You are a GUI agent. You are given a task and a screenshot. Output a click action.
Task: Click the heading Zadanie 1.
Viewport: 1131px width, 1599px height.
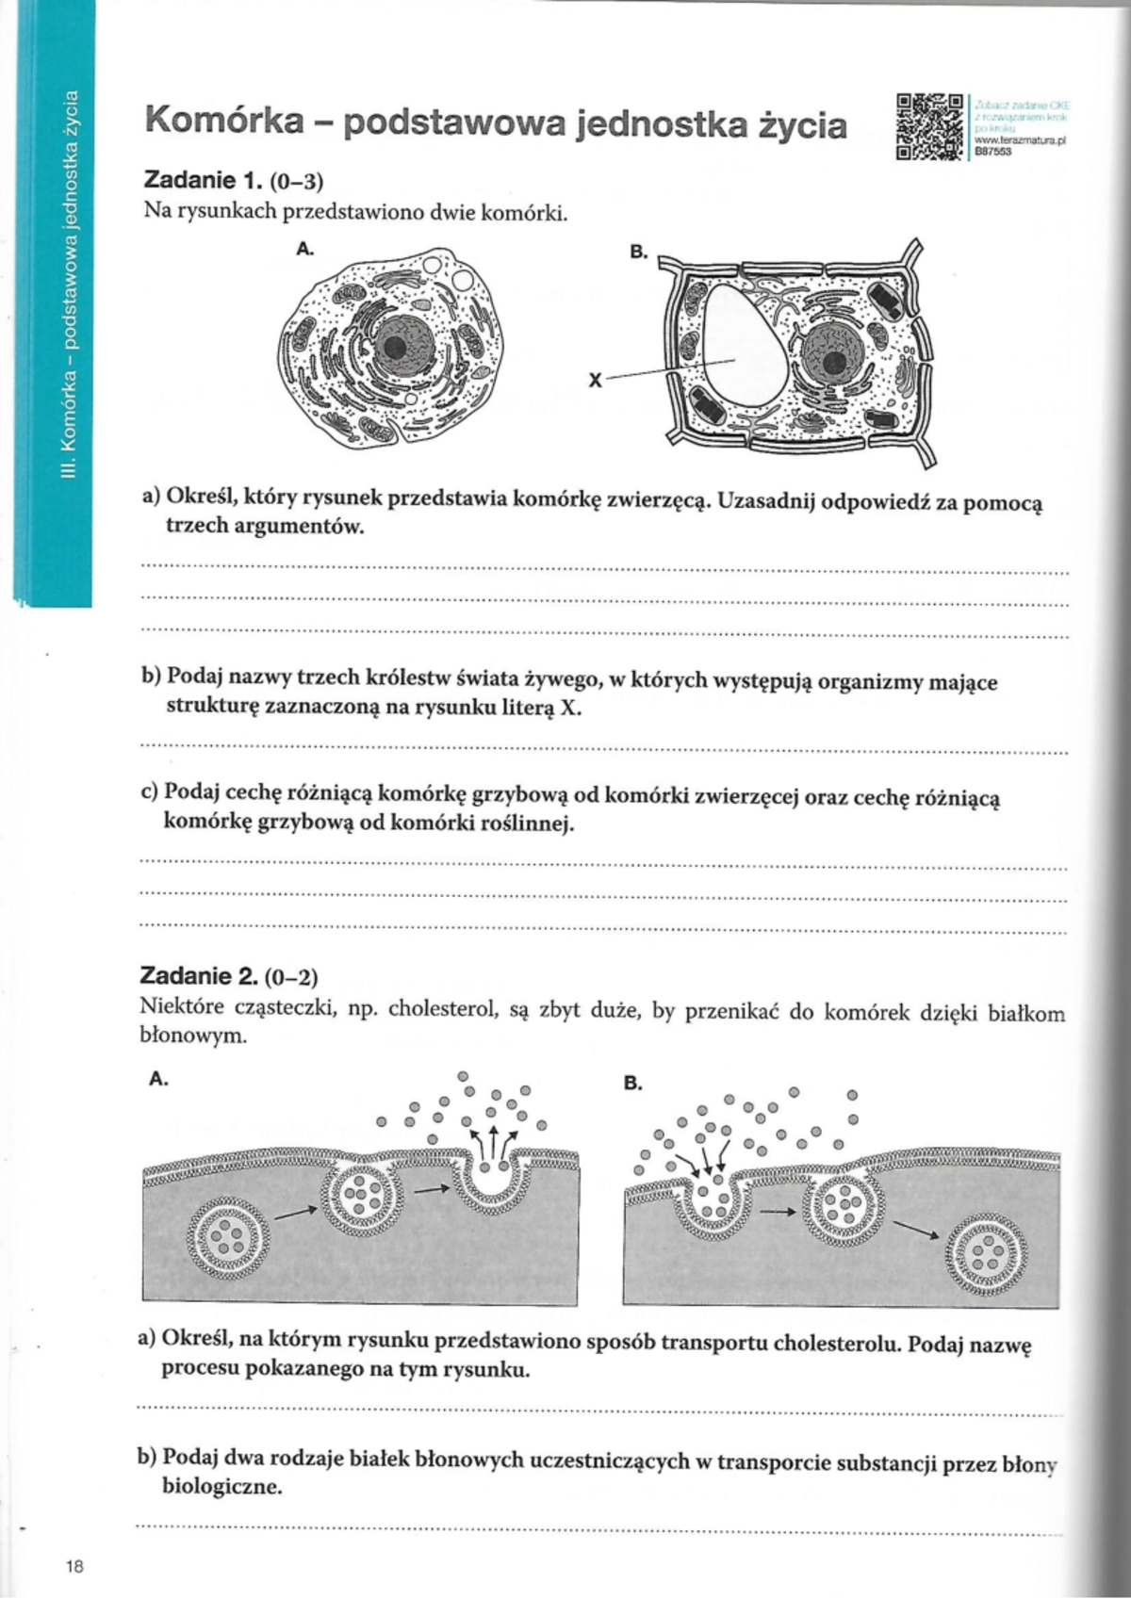(197, 179)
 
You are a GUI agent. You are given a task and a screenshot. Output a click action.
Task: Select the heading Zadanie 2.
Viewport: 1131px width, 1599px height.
(196, 975)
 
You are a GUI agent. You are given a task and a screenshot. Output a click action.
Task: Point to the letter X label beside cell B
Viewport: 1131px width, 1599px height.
(595, 380)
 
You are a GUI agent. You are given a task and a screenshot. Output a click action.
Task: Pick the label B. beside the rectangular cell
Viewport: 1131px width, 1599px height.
(638, 253)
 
